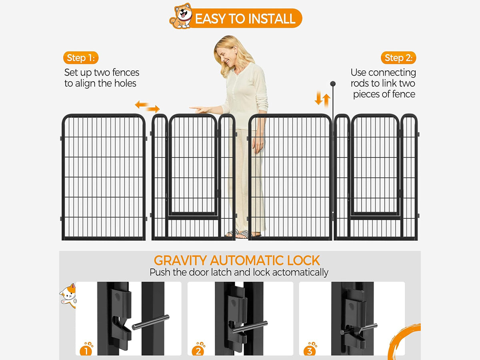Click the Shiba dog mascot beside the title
pyautogui.click(x=181, y=16)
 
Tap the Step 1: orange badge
pyautogui.click(x=81, y=58)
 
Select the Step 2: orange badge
pyautogui.click(x=398, y=58)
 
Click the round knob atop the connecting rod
pyautogui.click(x=333, y=84)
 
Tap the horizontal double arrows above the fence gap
pyautogui.click(x=147, y=107)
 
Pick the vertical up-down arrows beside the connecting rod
pyautogui.click(x=322, y=99)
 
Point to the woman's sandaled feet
pyautogui.click(x=242, y=234)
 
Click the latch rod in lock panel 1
pyautogui.click(x=150, y=322)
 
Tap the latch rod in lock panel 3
pyautogui.click(x=359, y=329)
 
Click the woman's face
pyautogui.click(x=223, y=55)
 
